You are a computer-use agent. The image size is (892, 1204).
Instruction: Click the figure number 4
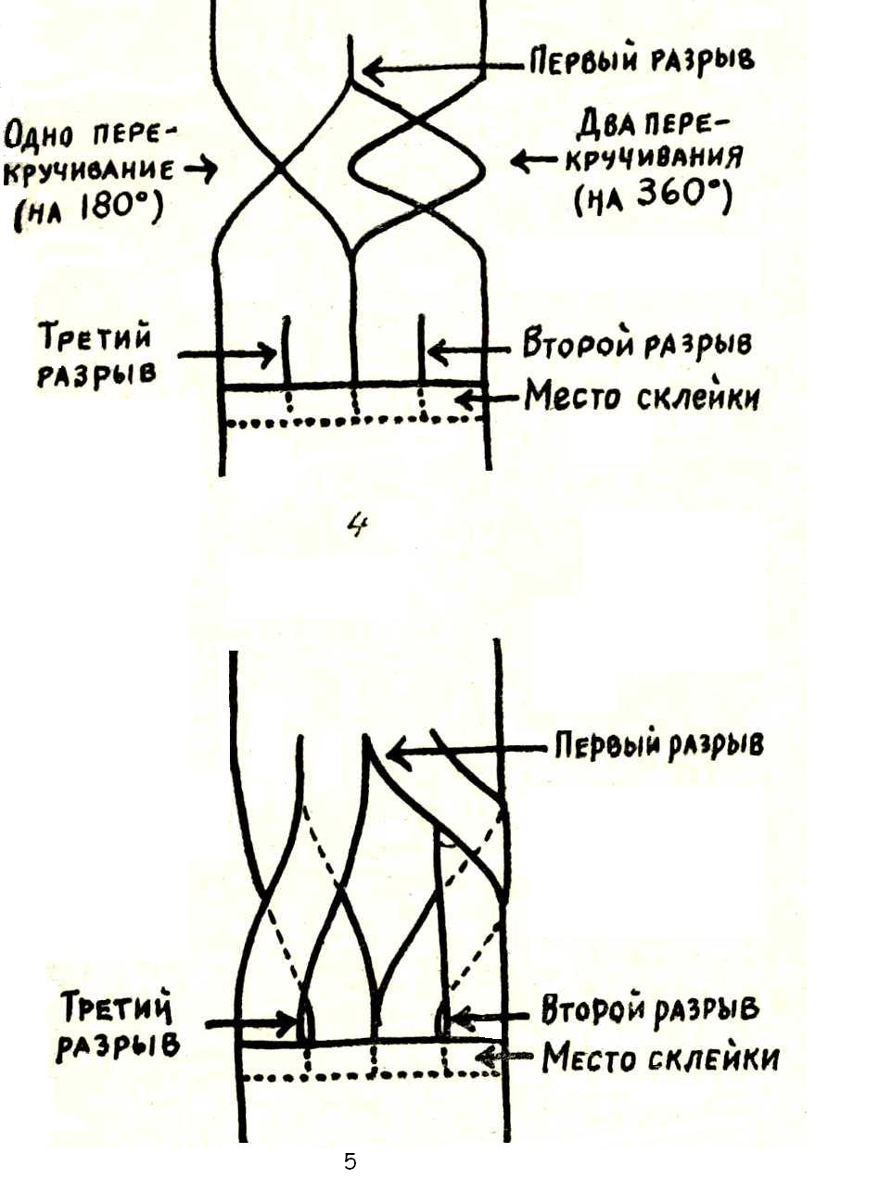pos(357,526)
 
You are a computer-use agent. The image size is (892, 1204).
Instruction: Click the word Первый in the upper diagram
pos(584,61)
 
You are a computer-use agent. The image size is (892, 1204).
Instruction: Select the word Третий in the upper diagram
pos(96,336)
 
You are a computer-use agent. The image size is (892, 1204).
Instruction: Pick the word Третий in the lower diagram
pos(117,1006)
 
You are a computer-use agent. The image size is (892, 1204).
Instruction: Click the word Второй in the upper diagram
pos(579,341)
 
